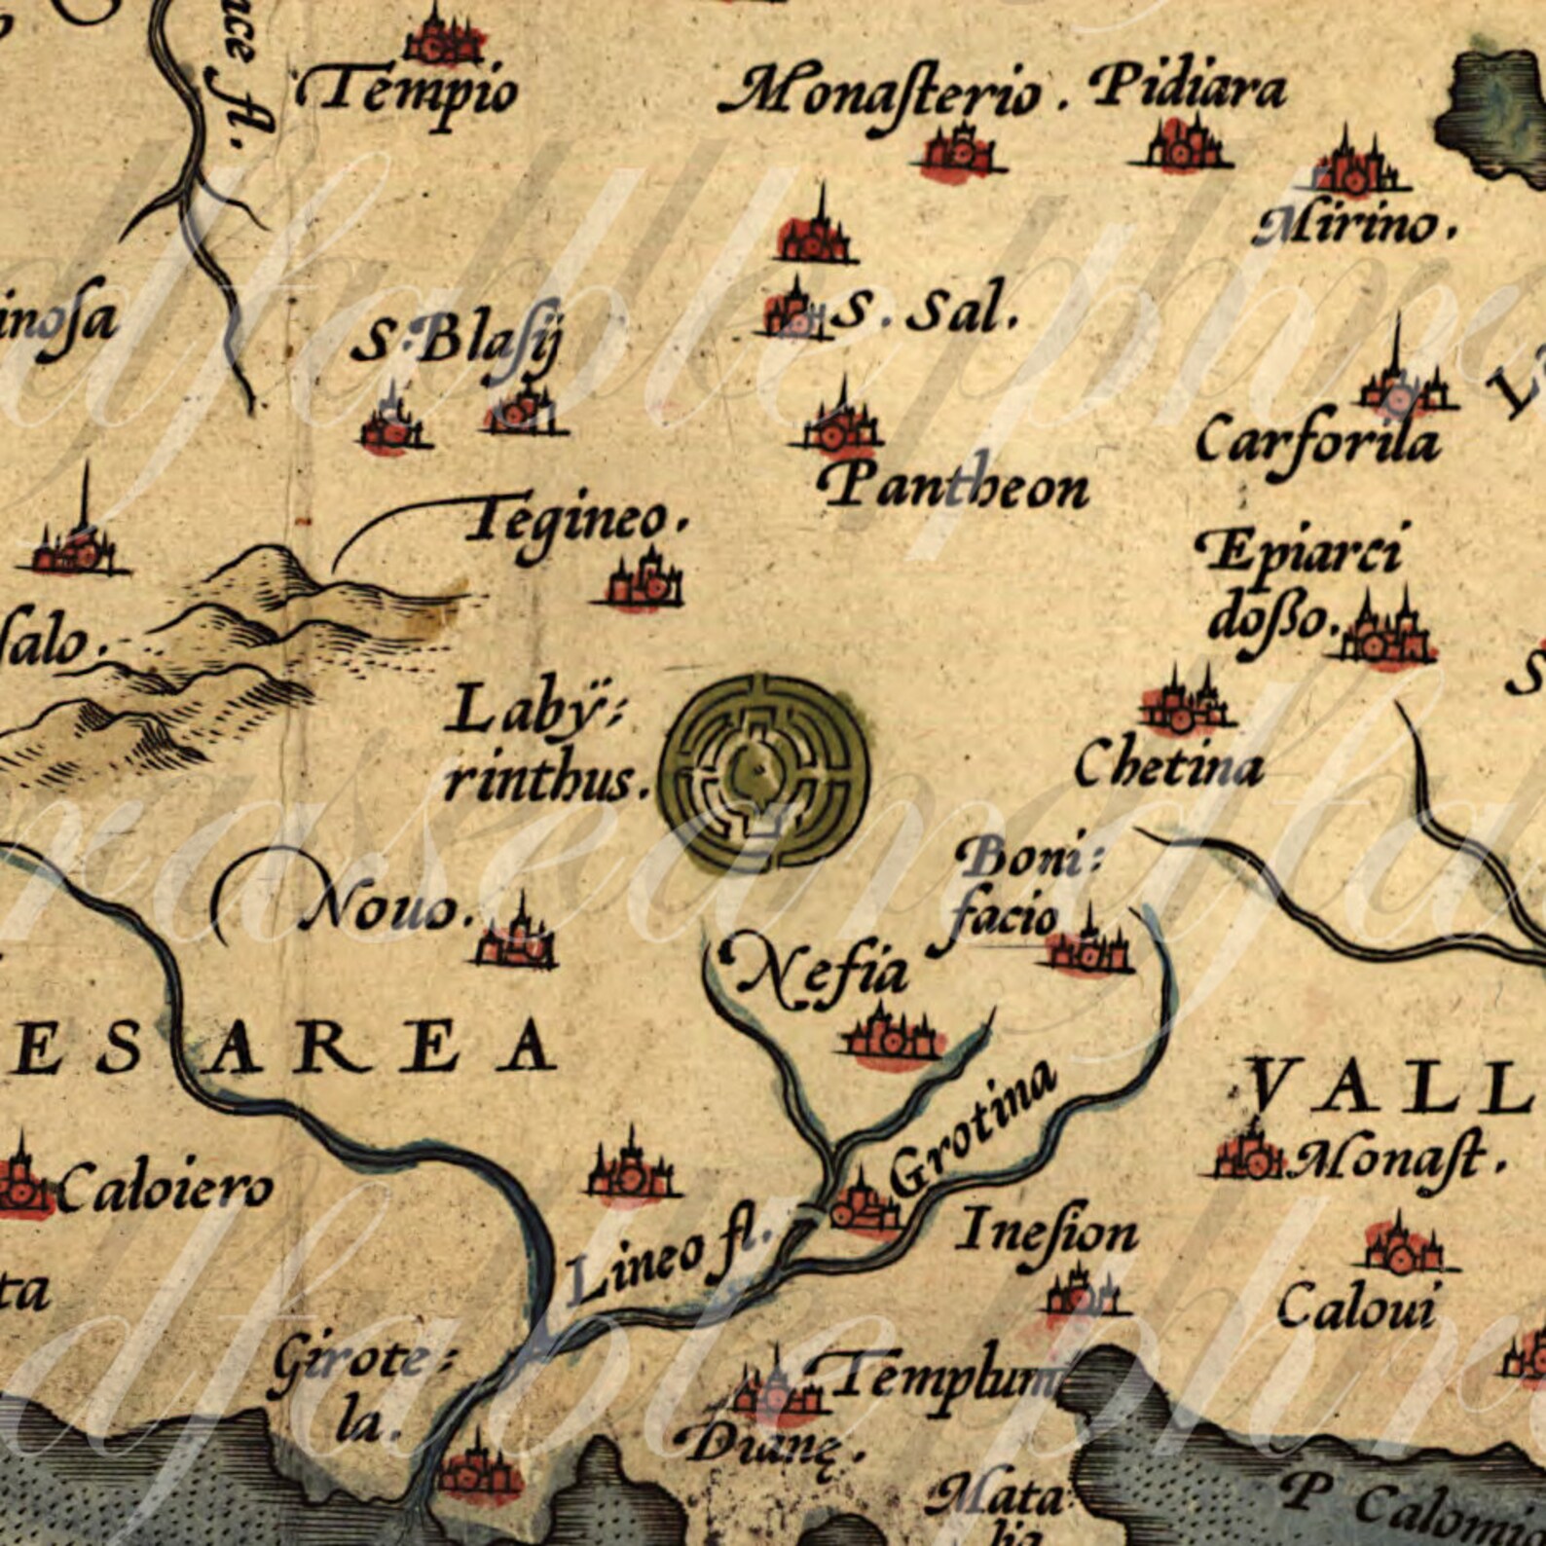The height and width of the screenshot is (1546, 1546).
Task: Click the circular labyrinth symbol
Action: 765,772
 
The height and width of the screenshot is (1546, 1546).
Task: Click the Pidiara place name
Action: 1188,90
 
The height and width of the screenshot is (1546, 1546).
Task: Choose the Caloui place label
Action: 1355,1307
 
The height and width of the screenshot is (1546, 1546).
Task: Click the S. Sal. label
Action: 925,313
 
